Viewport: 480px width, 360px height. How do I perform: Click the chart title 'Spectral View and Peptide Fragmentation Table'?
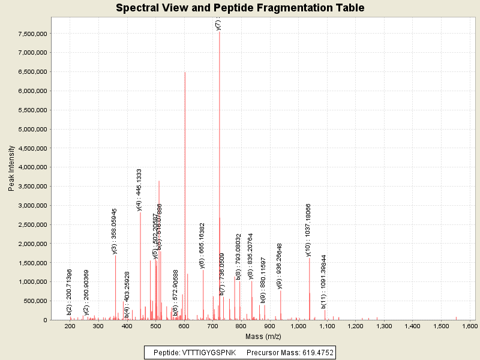coord(240,8)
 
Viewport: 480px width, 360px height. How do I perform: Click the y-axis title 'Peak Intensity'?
coord(11,170)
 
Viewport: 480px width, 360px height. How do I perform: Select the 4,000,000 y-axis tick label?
coord(31,167)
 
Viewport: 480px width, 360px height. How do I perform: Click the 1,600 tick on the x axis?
coord(469,326)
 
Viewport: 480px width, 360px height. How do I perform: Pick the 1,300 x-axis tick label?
coord(384,326)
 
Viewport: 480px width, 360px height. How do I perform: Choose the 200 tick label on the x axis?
coord(70,326)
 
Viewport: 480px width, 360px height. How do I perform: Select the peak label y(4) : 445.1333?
coord(139,190)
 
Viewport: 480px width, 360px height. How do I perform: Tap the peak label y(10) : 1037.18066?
coord(308,230)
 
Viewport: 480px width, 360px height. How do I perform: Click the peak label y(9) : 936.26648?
coord(280,266)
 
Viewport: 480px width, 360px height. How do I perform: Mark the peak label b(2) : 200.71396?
coord(70,292)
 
